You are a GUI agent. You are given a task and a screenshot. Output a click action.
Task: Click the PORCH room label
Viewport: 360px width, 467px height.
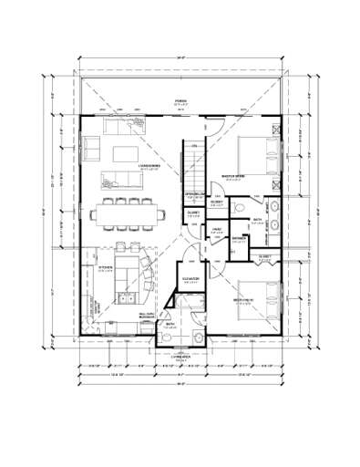pyautogui.click(x=180, y=100)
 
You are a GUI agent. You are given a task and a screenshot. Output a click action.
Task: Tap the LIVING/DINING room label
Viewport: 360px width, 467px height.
pyautogui.click(x=149, y=166)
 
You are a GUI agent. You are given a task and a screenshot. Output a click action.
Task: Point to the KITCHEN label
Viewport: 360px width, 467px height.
pyautogui.click(x=105, y=267)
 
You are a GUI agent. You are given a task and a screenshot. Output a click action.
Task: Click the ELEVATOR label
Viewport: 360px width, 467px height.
pyautogui.click(x=191, y=279)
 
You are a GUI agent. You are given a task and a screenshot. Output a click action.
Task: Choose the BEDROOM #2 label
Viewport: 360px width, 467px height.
pyautogui.click(x=242, y=299)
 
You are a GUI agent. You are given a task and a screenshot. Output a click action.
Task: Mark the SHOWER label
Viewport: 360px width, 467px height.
pyautogui.click(x=238, y=239)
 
